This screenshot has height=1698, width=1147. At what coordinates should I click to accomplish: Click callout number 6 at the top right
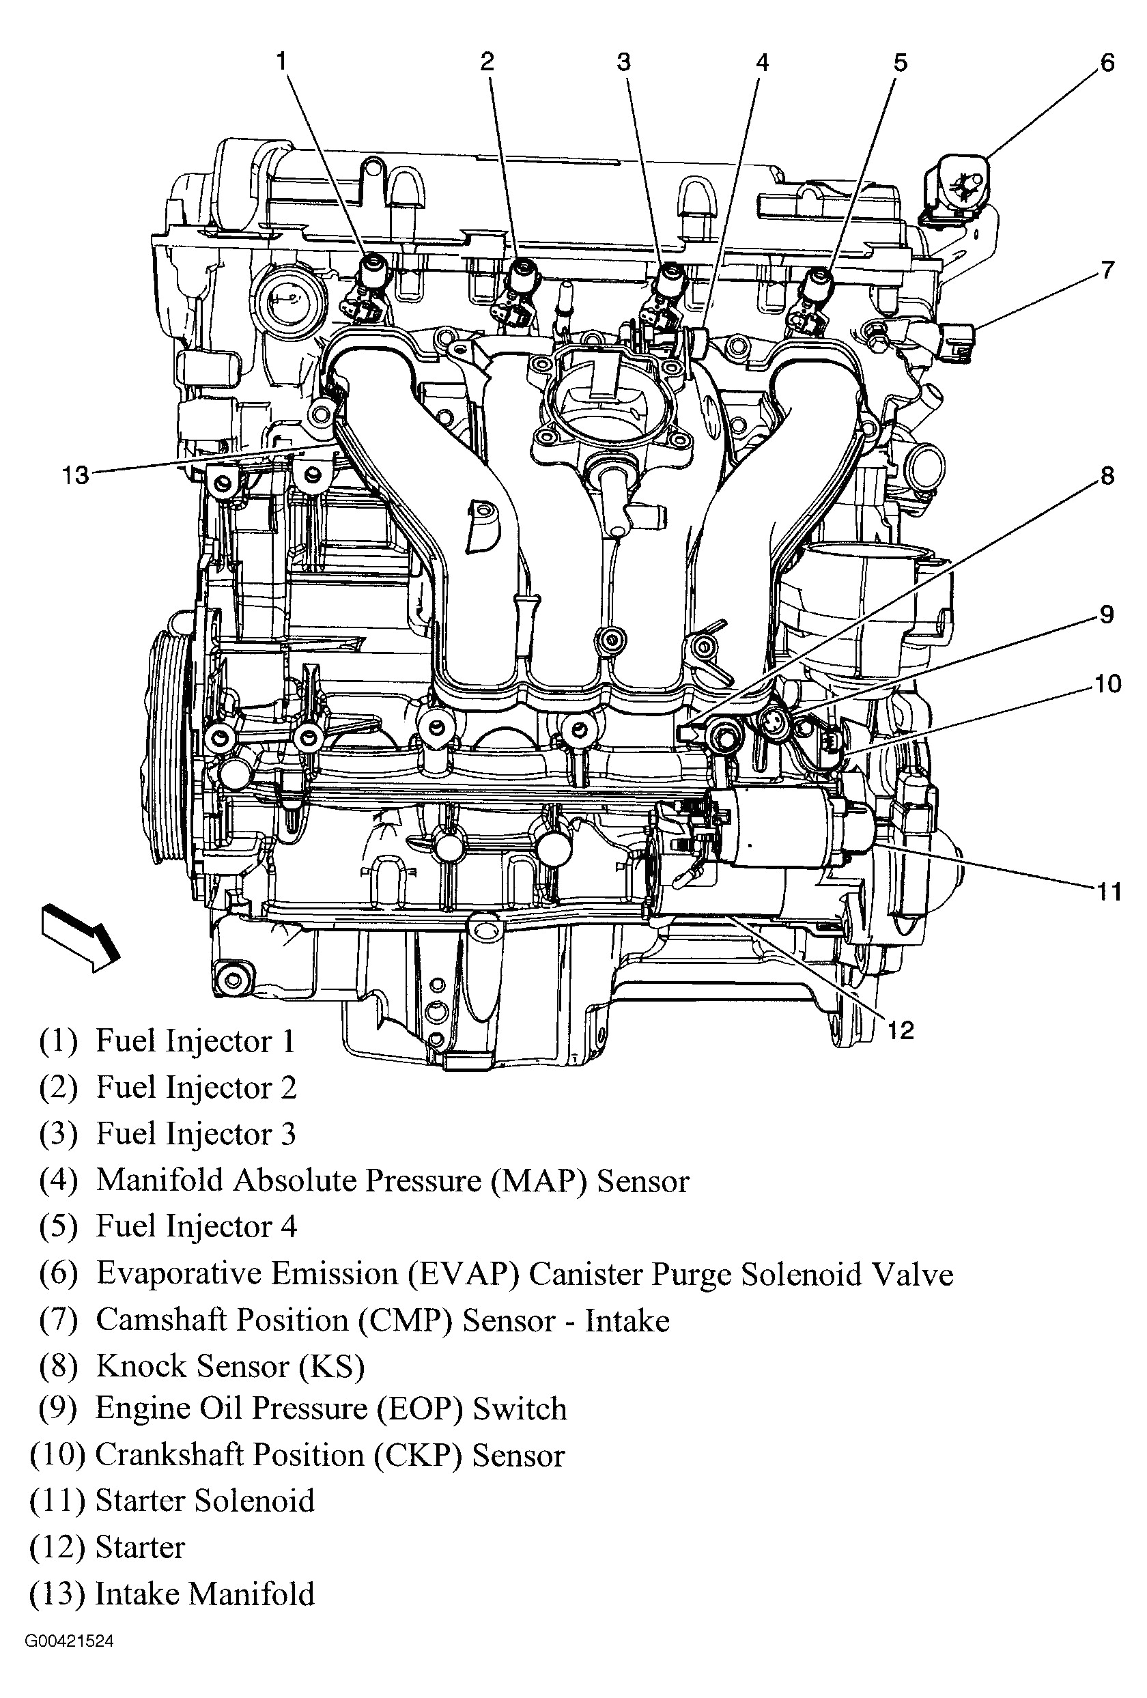pos(1107,63)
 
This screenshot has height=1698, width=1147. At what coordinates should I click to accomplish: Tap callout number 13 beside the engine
pos(75,476)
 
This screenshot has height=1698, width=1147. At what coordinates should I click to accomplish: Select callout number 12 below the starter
pos(900,1030)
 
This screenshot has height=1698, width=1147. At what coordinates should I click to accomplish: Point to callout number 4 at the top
pos(762,63)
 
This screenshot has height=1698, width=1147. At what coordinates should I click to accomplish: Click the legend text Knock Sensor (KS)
pos(230,1367)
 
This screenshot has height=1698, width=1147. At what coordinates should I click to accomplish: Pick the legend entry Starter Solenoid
pos(205,1501)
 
